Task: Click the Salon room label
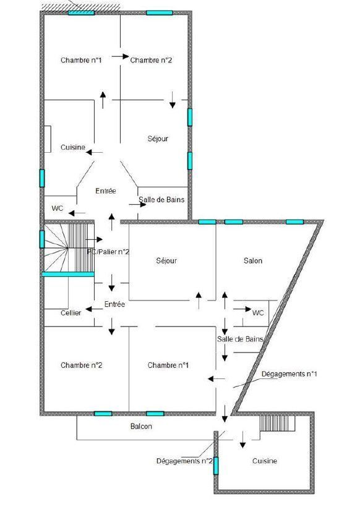pyautogui.click(x=253, y=260)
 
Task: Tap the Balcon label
pyautogui.click(x=141, y=426)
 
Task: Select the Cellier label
pyautogui.click(x=71, y=313)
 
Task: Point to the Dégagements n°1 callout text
pyautogui.click(x=289, y=373)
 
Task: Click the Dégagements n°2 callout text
pyautogui.click(x=184, y=461)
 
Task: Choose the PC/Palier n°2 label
pyautogui.click(x=108, y=252)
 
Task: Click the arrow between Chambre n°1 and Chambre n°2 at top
pyautogui.click(x=120, y=56)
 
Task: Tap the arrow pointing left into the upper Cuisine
pyautogui.click(x=95, y=152)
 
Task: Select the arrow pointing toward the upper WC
pyautogui.click(x=77, y=213)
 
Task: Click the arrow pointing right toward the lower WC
pyautogui.click(x=242, y=309)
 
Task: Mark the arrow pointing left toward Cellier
pyautogui.click(x=95, y=309)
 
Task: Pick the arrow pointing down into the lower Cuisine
pyautogui.click(x=243, y=440)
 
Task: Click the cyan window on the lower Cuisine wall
pyautogui.click(x=216, y=466)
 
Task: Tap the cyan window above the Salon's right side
pyautogui.click(x=294, y=221)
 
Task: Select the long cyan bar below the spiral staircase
pyautogui.click(x=68, y=274)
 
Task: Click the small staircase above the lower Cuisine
pyautogui.click(x=278, y=423)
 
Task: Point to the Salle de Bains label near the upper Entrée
pyautogui.click(x=161, y=200)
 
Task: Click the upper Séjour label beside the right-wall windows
pyautogui.click(x=158, y=139)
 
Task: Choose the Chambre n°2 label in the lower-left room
pyautogui.click(x=82, y=365)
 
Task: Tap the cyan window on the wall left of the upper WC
pyautogui.click(x=42, y=178)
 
